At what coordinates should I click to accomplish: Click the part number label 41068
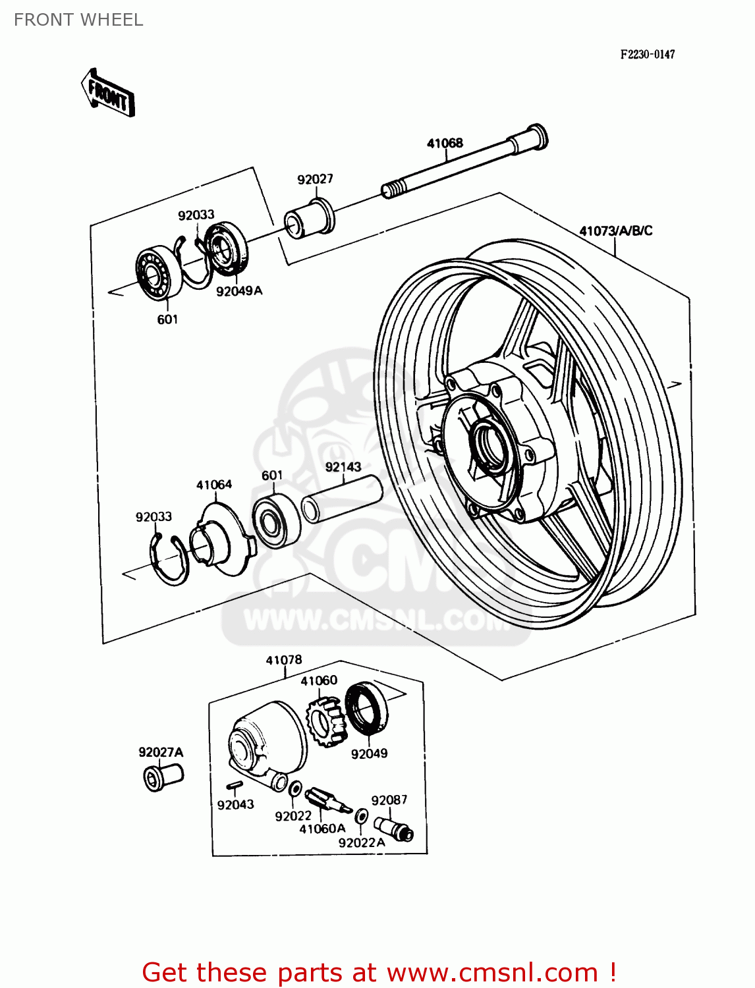click(445, 143)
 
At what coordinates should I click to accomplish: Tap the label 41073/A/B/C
click(615, 231)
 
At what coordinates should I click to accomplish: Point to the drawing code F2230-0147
click(647, 54)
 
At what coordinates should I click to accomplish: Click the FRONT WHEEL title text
click(78, 20)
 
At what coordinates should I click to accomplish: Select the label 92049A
click(238, 290)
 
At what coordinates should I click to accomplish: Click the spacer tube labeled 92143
click(343, 500)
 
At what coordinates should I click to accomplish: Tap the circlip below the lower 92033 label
click(169, 559)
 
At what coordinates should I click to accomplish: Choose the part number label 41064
click(213, 485)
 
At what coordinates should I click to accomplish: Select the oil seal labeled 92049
click(366, 709)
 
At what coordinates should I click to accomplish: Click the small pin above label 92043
click(235, 784)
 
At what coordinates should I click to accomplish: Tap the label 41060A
click(322, 829)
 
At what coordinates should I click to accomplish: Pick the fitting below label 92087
click(393, 828)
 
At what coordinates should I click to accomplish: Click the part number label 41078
click(284, 660)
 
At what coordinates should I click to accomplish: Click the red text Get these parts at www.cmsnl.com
click(379, 972)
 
